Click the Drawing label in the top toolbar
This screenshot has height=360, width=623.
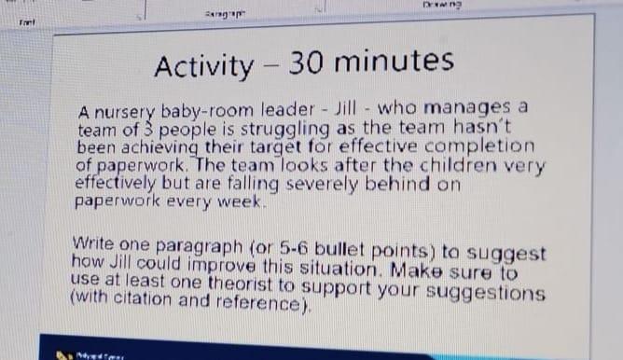tap(469, 7)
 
